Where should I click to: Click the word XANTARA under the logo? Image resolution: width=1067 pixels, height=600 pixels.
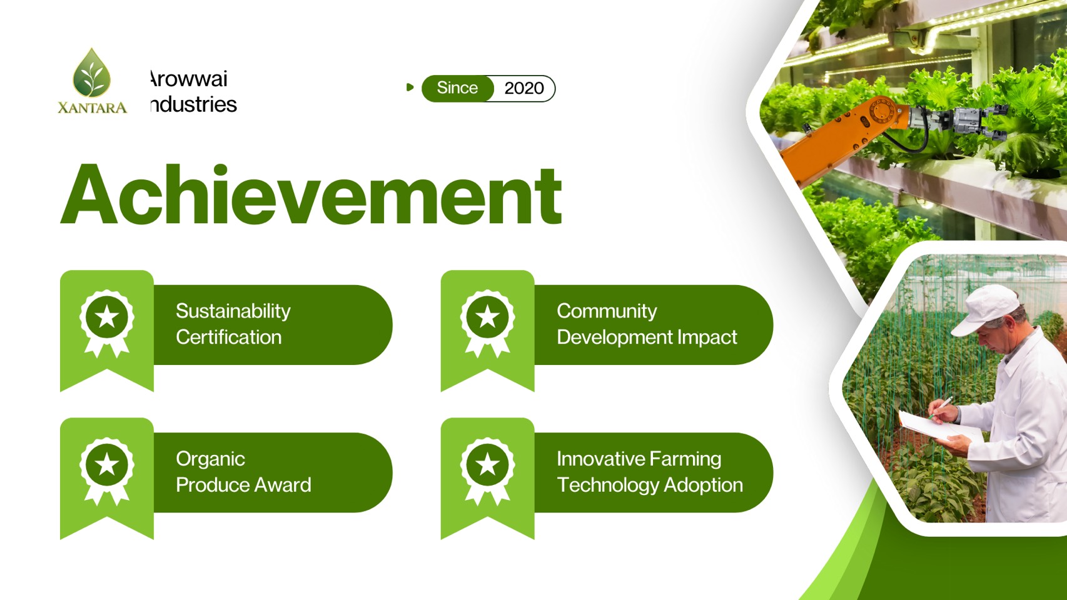(x=93, y=107)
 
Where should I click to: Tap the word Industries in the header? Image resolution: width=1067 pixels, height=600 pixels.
(x=193, y=104)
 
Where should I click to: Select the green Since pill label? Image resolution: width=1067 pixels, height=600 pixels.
(x=457, y=88)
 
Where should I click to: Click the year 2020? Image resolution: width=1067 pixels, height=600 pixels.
(x=524, y=88)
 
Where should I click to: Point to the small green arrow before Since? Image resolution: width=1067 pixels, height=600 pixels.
(x=410, y=87)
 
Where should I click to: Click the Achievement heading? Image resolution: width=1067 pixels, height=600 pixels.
(x=311, y=194)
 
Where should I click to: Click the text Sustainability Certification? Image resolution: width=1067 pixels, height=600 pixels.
(x=233, y=324)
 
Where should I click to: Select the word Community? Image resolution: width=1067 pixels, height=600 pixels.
(x=607, y=311)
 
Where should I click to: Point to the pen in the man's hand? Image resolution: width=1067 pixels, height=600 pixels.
(x=940, y=407)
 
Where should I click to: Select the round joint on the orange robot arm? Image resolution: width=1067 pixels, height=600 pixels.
(x=882, y=111)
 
